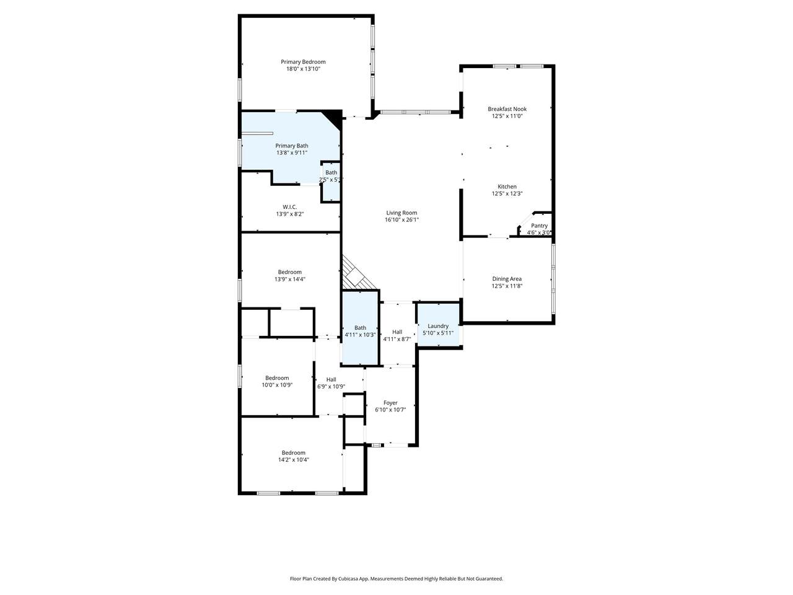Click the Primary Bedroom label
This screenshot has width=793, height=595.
[x=303, y=62]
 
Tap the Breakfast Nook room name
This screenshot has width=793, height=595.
[x=507, y=108]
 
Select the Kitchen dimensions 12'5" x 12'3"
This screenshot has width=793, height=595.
[x=507, y=193]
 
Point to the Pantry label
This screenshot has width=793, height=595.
[x=539, y=226]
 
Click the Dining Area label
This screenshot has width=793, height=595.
[x=507, y=278]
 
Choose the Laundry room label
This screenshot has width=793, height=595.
[x=438, y=326]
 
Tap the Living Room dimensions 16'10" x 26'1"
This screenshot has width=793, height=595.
[x=401, y=219]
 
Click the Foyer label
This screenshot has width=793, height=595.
[x=390, y=402]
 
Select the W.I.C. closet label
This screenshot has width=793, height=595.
[x=290, y=207]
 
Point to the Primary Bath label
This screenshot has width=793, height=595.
[x=292, y=146]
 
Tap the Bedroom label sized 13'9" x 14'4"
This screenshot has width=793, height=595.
[x=290, y=272]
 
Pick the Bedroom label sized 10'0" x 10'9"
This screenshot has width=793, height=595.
[x=277, y=378]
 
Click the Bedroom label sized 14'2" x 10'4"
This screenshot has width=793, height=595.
[x=294, y=452]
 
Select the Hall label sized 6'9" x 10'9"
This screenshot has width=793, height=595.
[x=331, y=379]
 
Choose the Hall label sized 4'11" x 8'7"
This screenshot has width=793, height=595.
[x=397, y=332]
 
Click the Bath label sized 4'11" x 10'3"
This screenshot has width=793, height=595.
[x=360, y=328]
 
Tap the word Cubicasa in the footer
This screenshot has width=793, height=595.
[x=348, y=579]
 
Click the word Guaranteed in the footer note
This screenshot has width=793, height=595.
[x=489, y=579]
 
